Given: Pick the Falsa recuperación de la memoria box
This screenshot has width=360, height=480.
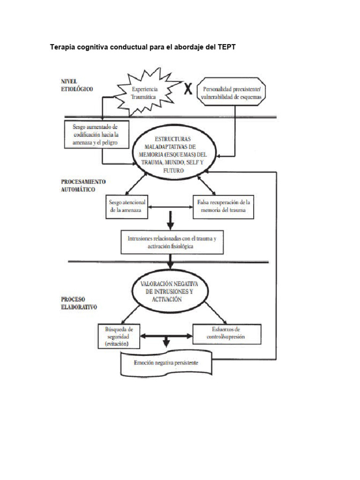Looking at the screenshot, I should pos(223,206).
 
